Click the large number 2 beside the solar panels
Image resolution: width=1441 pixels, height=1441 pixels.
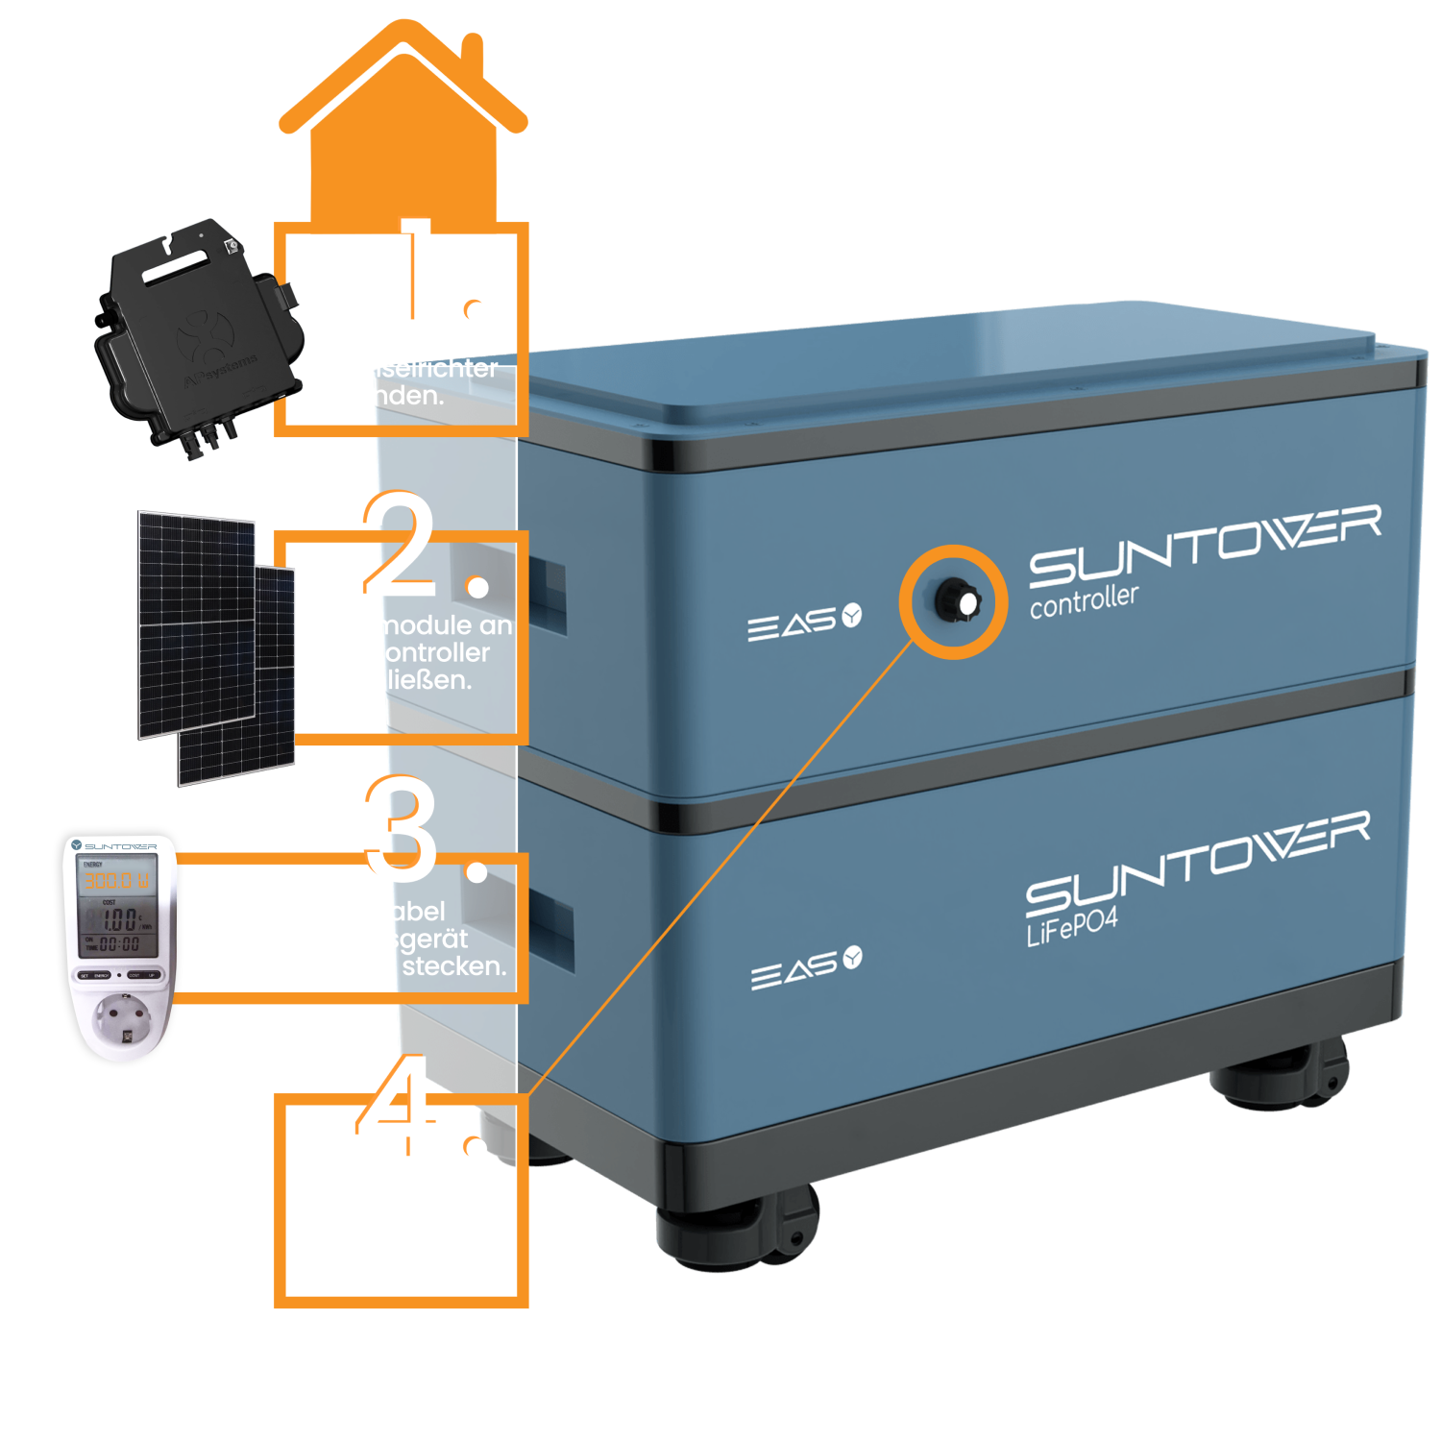(x=400, y=544)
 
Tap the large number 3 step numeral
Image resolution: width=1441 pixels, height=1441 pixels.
(x=402, y=828)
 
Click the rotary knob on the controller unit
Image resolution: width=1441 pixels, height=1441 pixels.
(x=957, y=602)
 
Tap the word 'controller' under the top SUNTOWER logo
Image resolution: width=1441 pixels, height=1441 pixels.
(x=1084, y=600)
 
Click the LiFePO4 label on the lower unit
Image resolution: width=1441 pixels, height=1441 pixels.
(x=1072, y=925)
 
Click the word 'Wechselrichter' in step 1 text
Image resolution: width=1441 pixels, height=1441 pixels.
(x=403, y=369)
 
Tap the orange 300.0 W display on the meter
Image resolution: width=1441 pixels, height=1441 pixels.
(x=115, y=880)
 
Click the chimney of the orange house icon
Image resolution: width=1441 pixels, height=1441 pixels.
(x=471, y=48)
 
